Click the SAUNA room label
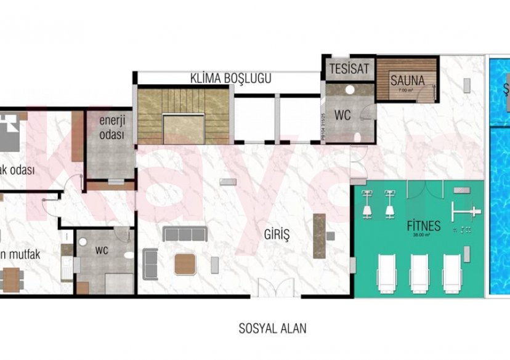[407, 80]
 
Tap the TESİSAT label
[349, 68]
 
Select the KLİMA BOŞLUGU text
[230, 79]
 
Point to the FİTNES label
[423, 226]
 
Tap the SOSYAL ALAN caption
[272, 328]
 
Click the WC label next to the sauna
[342, 115]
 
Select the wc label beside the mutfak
[102, 251]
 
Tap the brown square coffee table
[186, 264]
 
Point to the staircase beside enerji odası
[182, 116]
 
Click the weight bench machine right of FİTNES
[466, 212]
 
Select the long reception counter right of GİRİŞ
[318, 236]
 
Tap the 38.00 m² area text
[423, 235]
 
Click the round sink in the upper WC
[349, 90]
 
